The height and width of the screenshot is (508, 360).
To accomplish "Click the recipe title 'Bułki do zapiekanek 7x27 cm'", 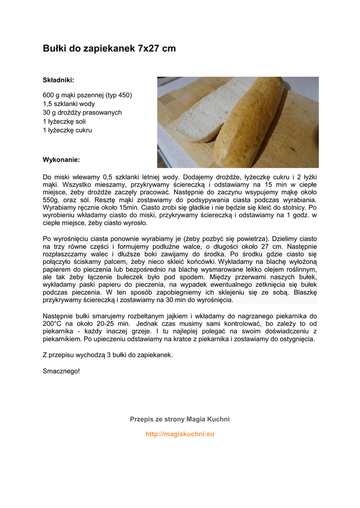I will tap(109, 49).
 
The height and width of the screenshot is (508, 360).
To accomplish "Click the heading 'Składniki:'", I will tap(58, 79).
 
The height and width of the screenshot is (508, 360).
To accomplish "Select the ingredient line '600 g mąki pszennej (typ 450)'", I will tap(87, 95).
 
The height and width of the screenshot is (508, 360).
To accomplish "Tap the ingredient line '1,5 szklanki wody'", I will tap(69, 104).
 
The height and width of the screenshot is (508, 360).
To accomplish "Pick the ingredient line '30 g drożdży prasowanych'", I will tap(82, 113).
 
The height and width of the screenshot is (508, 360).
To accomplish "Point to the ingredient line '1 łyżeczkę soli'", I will tap(64, 122).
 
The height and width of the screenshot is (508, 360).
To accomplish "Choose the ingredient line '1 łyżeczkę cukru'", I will tap(67, 130).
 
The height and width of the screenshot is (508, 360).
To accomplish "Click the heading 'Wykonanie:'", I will tap(61, 160).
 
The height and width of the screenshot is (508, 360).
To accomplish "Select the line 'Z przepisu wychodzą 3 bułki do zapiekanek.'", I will tap(108, 355).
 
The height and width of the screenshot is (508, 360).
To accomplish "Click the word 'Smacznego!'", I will tap(61, 371).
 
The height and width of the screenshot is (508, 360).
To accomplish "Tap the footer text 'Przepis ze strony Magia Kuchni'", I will tap(180, 419).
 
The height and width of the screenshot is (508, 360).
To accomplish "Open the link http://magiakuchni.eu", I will tap(180, 434).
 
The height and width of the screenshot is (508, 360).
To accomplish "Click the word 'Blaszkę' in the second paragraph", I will tap(304, 292).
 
